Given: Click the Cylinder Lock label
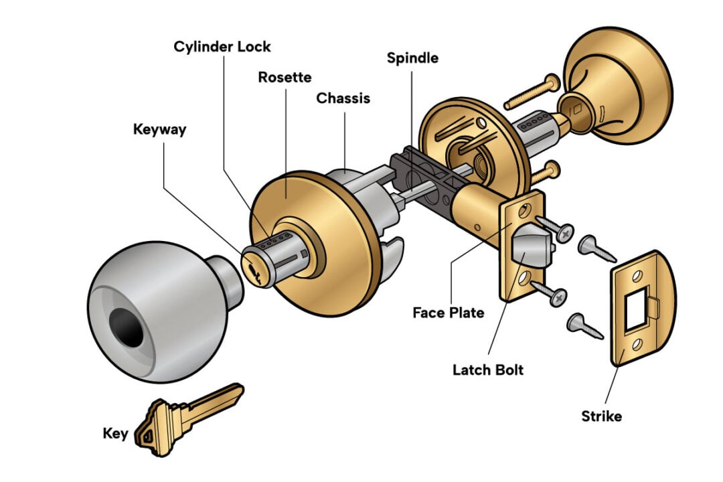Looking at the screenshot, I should (x=222, y=47).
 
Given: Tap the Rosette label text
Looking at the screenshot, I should (x=285, y=77).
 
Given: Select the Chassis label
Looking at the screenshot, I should (x=343, y=98).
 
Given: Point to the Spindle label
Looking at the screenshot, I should (x=412, y=58).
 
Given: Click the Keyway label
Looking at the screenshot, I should (x=159, y=129).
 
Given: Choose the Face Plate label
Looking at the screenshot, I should (x=448, y=312).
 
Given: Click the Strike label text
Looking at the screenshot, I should (x=601, y=416).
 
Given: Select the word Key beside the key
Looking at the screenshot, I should (x=115, y=433).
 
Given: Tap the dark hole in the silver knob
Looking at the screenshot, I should (x=127, y=327).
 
